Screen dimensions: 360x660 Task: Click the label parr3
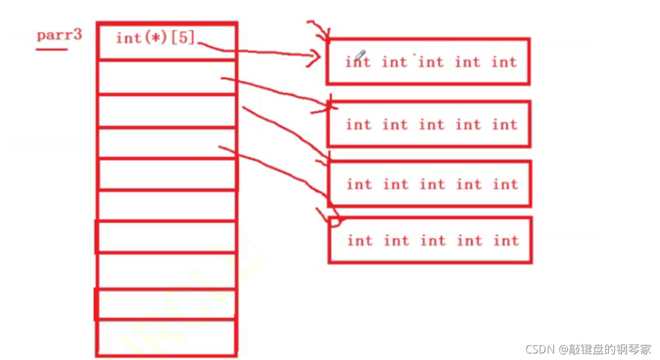click(59, 35)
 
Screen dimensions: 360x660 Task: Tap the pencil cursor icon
click(361, 56)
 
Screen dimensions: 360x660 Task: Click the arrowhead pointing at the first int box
click(314, 57)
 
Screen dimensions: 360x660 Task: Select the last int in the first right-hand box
click(504, 62)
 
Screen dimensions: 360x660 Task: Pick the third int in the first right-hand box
click(431, 62)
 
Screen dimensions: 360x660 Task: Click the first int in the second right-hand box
click(358, 125)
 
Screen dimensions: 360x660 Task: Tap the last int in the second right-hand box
click(504, 125)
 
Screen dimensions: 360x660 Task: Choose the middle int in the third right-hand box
click(432, 185)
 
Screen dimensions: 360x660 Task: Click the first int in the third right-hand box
click(359, 185)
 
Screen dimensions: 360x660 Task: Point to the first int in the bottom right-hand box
click(359, 241)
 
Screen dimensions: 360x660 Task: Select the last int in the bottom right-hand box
click(506, 241)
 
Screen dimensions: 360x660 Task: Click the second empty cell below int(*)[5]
click(166, 110)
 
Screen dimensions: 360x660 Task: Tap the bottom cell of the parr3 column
click(166, 337)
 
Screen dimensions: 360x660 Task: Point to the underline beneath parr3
click(52, 49)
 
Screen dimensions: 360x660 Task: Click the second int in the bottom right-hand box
click(396, 241)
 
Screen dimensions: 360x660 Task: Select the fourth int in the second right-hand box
click(468, 125)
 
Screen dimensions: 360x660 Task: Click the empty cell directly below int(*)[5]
click(166, 77)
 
